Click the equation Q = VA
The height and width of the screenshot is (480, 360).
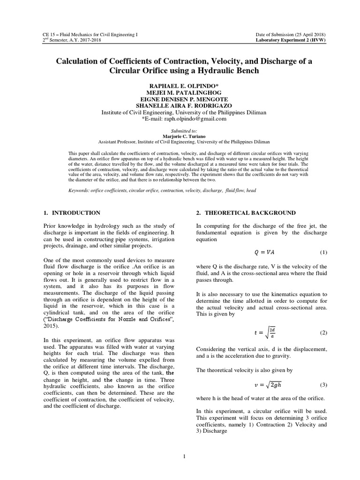click(x=262, y=252)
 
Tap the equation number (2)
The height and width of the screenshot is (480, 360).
click(x=323, y=332)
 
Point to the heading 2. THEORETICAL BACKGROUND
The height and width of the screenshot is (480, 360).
click(x=246, y=213)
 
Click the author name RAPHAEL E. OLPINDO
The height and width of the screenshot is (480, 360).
click(x=180, y=87)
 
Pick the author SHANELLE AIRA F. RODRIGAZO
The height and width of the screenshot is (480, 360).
click(x=180, y=106)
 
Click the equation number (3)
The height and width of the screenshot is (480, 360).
click(x=323, y=385)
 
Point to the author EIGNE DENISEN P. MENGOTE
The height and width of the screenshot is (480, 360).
click(x=180, y=100)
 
